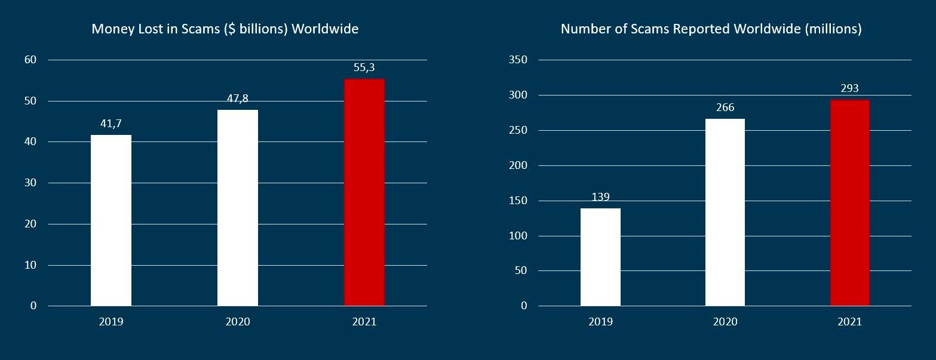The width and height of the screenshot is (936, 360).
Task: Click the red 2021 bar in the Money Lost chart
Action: (364, 192)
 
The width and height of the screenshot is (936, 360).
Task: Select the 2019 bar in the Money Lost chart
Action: (111, 220)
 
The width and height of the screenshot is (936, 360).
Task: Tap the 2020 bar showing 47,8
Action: (238, 208)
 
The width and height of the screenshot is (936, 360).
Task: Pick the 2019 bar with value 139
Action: (600, 257)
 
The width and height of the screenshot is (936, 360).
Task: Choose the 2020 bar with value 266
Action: (725, 212)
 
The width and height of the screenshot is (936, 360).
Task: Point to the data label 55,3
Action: (364, 68)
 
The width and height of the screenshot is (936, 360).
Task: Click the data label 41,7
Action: (111, 124)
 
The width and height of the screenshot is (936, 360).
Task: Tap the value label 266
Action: (725, 108)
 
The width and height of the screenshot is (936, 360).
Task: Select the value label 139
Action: (600, 197)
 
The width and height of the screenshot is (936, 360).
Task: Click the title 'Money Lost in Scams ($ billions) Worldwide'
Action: (225, 29)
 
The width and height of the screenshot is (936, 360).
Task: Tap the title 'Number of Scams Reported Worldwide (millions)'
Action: (711, 29)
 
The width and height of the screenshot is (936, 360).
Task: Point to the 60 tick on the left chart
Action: (30, 60)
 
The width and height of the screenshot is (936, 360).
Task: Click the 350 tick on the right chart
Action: (518, 60)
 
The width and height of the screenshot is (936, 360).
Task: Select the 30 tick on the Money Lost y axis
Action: (30, 183)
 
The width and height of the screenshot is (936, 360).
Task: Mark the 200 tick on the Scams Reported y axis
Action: (518, 165)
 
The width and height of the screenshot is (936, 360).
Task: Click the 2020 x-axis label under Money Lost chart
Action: (238, 322)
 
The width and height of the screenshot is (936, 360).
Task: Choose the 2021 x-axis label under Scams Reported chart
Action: (849, 322)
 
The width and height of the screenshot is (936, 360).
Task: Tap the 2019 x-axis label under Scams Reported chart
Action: (600, 322)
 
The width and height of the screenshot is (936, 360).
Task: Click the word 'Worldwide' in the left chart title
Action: (327, 29)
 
